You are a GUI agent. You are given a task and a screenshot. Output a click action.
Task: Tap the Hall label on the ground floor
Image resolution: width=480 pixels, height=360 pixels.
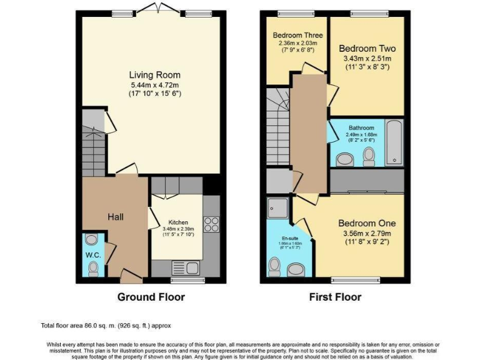pyautogui.click(x=114, y=217)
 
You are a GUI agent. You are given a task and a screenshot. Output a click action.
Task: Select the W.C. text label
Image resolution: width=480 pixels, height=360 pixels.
pyautogui.click(x=92, y=255)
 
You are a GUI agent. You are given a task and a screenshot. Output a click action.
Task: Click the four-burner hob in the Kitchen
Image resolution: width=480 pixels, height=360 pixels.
pyautogui.click(x=211, y=223)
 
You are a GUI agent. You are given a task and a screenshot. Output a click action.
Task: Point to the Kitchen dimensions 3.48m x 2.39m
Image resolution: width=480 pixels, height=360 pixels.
pyautogui.click(x=177, y=230)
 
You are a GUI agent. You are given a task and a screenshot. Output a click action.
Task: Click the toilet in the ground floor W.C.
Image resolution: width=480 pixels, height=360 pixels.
pyautogui.click(x=93, y=269)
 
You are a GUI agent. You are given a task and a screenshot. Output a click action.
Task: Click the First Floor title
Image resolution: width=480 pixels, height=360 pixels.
pyautogui.click(x=335, y=297)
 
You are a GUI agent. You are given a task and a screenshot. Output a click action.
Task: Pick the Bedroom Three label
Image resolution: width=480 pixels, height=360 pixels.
pyautogui.click(x=297, y=36)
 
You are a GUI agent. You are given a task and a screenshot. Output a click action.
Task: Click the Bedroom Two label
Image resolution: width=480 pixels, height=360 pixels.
pyautogui.click(x=367, y=48)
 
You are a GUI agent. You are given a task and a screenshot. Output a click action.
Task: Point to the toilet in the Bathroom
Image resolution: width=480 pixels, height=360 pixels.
pyautogui.click(x=368, y=156)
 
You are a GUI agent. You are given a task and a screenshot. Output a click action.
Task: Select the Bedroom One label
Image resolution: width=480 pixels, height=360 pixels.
pyautogui.click(x=367, y=223)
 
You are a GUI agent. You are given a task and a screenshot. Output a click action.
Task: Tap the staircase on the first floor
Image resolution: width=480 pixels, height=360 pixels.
pyautogui.click(x=278, y=125)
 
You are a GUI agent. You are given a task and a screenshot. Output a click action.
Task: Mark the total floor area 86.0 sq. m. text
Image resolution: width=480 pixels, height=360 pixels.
pyautogui.click(x=106, y=326)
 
